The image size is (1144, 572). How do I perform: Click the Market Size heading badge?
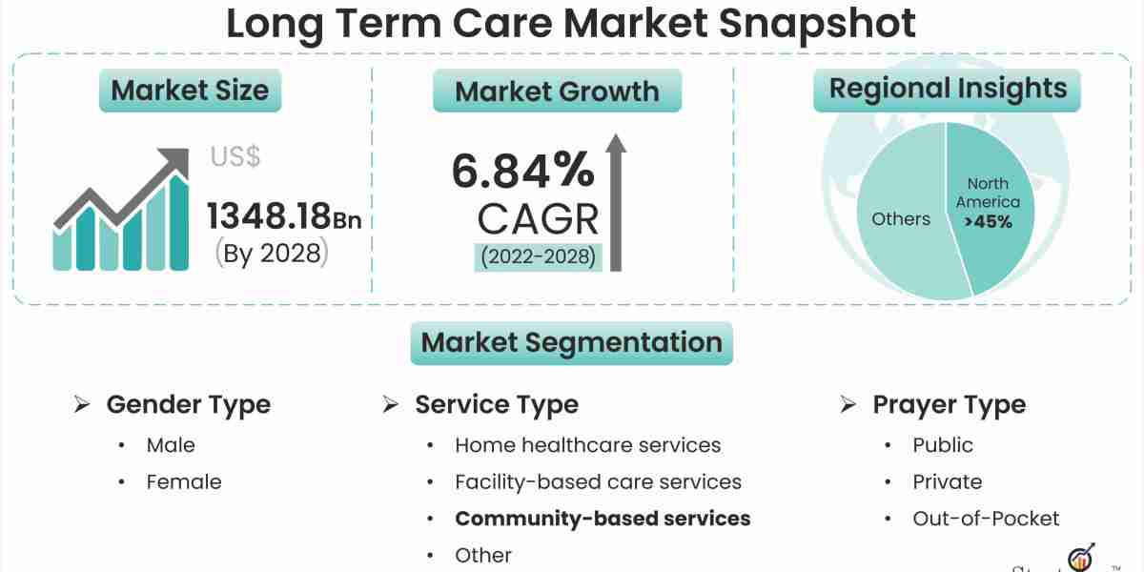(190, 91)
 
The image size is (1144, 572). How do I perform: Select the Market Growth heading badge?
(557, 91)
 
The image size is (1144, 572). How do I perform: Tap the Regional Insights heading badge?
(948, 90)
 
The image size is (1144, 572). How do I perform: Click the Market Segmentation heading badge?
(571, 342)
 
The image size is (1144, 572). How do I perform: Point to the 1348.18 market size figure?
(269, 216)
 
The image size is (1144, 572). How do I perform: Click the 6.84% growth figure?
(523, 170)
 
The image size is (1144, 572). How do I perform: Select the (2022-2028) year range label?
(538, 256)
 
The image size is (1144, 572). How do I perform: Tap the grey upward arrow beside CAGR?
(616, 202)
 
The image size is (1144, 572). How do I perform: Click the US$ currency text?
(235, 156)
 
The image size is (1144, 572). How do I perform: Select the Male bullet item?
(171, 445)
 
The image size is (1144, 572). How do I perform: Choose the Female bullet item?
(184, 482)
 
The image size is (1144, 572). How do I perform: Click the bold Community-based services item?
(603, 519)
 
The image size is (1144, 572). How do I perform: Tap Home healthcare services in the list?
(588, 445)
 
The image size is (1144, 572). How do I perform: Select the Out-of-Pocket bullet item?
(986, 519)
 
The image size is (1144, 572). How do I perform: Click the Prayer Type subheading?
(949, 405)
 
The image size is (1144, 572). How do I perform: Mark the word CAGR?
(538, 219)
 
